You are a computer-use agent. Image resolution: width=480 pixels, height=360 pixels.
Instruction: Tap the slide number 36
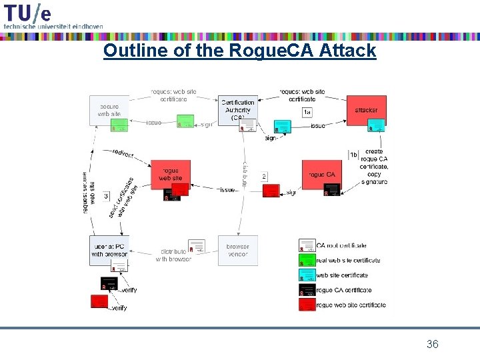tap(432, 344)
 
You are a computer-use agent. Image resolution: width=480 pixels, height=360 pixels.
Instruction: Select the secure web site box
tap(109, 110)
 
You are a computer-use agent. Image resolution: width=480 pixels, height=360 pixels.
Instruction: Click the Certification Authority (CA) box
tap(237, 110)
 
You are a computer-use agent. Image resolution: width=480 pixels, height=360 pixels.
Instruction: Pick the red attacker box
tap(366, 110)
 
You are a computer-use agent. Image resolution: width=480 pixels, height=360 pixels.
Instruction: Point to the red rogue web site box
tap(171, 174)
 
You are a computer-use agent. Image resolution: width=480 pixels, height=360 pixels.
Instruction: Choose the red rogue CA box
tap(321, 175)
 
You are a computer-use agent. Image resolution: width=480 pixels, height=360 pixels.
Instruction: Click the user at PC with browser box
tap(109, 250)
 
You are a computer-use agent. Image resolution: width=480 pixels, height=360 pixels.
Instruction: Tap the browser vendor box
tap(237, 250)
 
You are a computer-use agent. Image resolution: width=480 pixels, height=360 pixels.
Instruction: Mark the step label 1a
tap(307, 112)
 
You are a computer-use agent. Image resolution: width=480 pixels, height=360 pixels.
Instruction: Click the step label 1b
tap(353, 155)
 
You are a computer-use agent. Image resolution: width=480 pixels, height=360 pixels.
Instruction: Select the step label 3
tap(106, 196)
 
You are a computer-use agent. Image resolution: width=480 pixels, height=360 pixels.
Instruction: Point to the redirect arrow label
tap(123, 154)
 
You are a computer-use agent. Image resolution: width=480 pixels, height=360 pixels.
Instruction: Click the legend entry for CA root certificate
tap(341, 246)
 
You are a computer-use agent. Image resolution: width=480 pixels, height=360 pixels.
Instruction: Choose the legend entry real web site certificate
tap(347, 261)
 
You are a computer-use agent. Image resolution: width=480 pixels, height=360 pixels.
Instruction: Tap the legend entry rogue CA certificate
tap(343, 290)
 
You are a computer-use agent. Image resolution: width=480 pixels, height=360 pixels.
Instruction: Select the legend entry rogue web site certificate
tap(350, 305)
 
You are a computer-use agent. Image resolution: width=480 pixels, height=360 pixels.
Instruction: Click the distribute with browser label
tap(173, 255)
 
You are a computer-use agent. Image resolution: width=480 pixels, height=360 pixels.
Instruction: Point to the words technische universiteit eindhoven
tap(53, 26)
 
